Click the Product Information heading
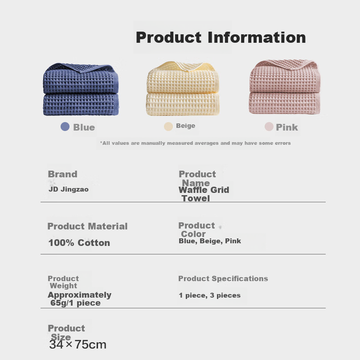coord(221,37)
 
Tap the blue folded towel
coord(81,89)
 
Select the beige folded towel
coord(183,88)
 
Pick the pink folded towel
coord(285,87)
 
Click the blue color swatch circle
coord(65,127)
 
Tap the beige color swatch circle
coord(168,127)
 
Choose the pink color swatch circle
coord(269,127)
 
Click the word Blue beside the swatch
coord(84,127)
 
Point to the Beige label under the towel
coord(185,126)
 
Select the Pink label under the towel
coord(287,127)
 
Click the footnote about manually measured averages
coord(195,143)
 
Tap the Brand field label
coord(62,174)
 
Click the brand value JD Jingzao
coord(69,189)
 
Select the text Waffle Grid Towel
coord(204,194)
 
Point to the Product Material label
coord(87,226)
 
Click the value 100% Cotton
coord(79,243)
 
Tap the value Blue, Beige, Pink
coord(210,241)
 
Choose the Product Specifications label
coord(223,278)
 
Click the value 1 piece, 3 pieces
coord(209,295)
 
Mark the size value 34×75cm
coord(78,344)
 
